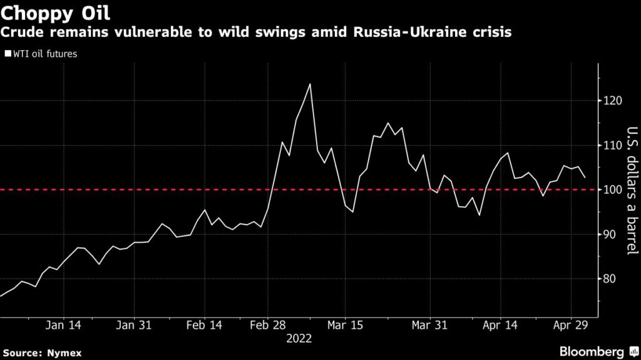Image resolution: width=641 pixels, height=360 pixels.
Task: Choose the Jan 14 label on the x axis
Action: point(63,325)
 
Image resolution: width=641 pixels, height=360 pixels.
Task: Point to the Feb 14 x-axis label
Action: point(204,325)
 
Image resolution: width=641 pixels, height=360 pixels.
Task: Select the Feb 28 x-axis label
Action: point(268,325)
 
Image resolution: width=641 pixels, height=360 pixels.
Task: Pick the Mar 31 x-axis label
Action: point(430,325)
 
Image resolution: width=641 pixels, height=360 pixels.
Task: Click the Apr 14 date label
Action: point(501,325)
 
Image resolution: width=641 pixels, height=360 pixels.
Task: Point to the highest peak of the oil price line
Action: point(310,84)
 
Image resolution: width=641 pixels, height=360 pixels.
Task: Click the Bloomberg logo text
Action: point(590,350)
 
